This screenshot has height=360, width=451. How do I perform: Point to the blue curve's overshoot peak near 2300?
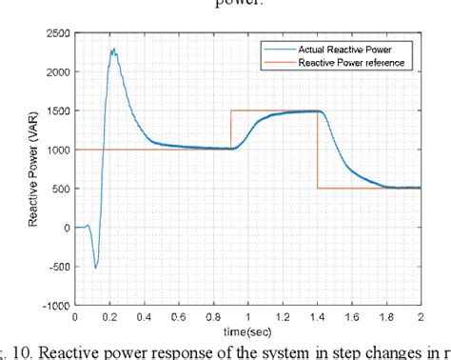[x=113, y=50]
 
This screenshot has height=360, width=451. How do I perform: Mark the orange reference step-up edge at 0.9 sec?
[x=230, y=130]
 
